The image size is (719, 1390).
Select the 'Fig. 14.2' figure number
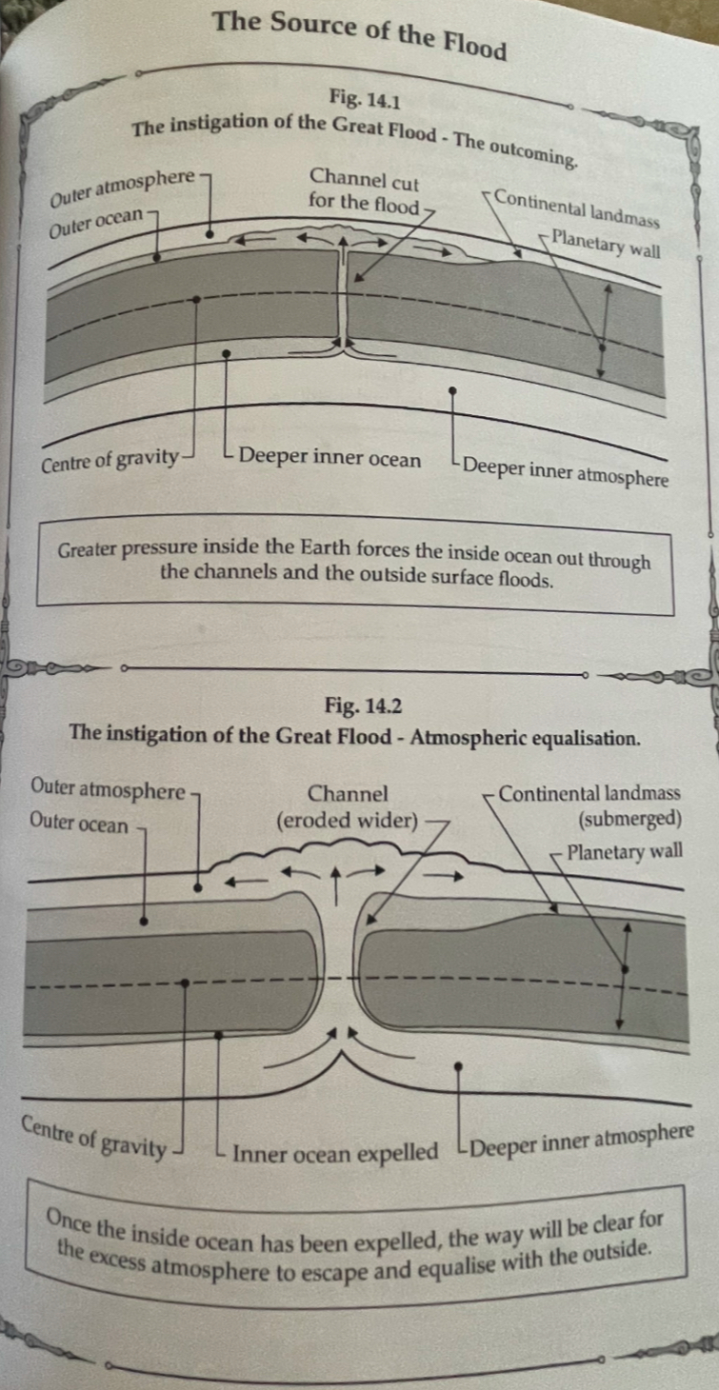[x=363, y=705]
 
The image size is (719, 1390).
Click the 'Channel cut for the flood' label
[x=364, y=191]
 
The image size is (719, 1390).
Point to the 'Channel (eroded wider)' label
[x=348, y=806]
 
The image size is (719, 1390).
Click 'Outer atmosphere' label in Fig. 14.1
[x=122, y=188]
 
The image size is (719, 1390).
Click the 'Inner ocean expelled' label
[x=335, y=1153]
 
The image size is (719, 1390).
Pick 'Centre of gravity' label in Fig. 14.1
[x=110, y=461]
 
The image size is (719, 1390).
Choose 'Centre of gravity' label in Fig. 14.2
[x=93, y=1139]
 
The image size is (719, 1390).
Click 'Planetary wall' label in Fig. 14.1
[x=606, y=244]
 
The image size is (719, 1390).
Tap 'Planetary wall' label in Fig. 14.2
[x=625, y=851]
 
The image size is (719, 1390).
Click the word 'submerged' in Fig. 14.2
[x=630, y=820]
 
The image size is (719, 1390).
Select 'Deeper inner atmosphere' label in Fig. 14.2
[x=581, y=1142]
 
